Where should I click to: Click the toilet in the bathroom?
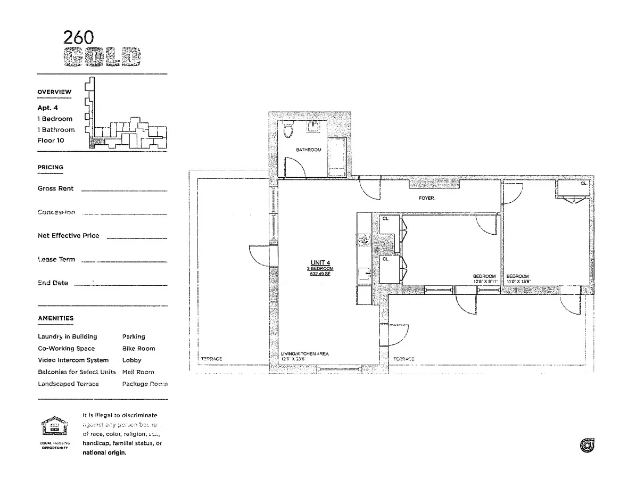(288, 130)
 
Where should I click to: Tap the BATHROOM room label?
(309, 150)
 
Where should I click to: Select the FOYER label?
(426, 198)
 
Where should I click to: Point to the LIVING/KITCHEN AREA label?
(304, 354)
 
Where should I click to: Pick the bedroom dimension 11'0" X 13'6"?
(518, 281)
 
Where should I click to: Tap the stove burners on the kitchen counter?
(363, 242)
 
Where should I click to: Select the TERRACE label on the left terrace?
(211, 359)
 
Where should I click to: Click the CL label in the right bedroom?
(583, 183)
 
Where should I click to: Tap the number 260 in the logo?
(78, 37)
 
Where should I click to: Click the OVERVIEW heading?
(54, 92)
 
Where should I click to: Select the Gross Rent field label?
(56, 188)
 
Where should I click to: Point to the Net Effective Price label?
(68, 236)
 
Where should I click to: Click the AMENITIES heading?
(55, 318)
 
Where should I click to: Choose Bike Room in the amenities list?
(138, 349)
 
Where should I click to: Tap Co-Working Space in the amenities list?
(66, 349)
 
